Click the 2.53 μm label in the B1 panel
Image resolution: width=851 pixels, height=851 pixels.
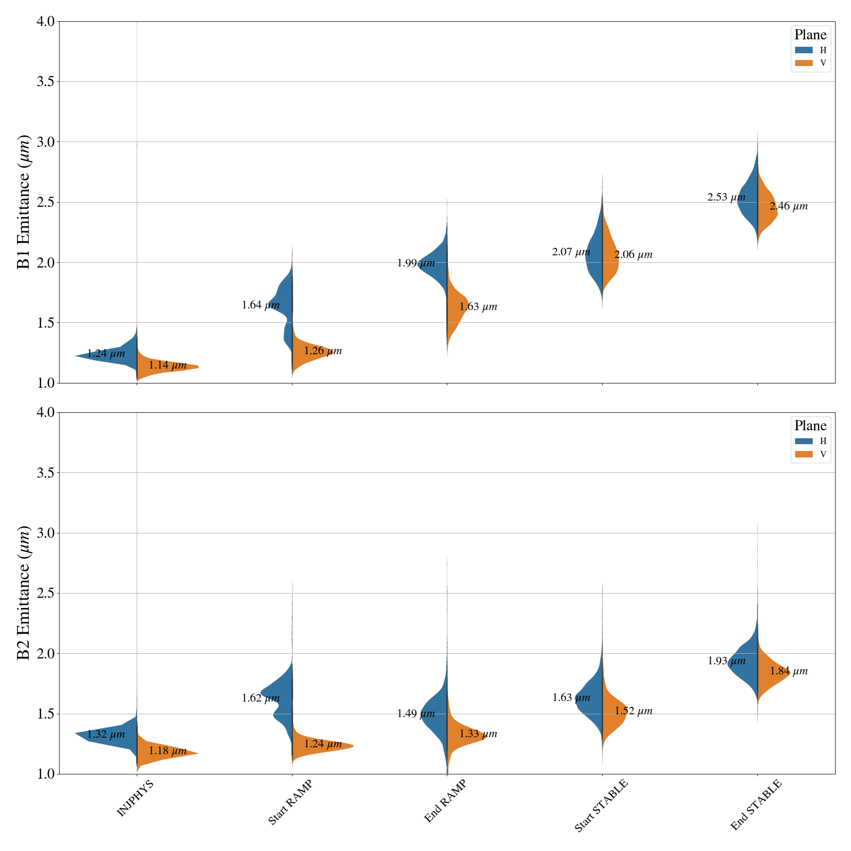[726, 197]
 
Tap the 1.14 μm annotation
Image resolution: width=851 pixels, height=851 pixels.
[168, 365]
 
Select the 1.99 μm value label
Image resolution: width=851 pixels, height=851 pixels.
[416, 263]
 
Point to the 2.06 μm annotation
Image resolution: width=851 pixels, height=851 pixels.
[633, 255]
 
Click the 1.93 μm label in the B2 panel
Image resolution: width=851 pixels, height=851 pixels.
[726, 662]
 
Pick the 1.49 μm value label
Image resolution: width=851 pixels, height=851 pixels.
[416, 714]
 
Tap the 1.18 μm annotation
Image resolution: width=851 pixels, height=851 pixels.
[168, 752]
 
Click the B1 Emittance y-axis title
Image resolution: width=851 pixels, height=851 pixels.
[24, 202]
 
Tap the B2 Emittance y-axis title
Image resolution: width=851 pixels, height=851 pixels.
[24, 593]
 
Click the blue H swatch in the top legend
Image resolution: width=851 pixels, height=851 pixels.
[804, 50]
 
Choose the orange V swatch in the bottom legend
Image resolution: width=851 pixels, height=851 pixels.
[804, 454]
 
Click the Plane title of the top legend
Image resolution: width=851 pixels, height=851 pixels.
[810, 35]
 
